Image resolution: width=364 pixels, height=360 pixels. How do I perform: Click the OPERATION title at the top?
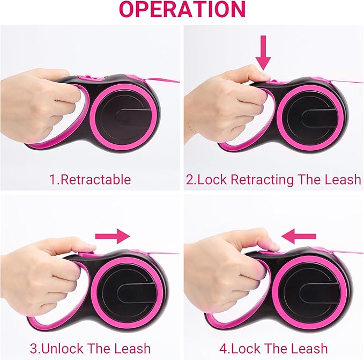click(x=182, y=10)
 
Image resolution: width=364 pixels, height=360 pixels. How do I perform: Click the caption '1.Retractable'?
click(x=90, y=179)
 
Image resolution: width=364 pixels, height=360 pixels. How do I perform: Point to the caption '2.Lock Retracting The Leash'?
click(x=273, y=179)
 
